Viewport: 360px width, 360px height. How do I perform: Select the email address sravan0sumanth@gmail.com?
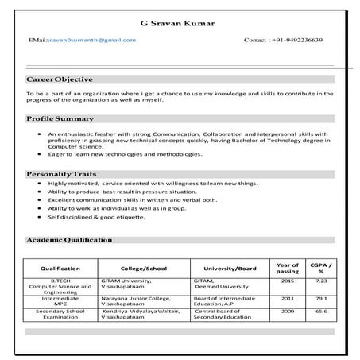pyautogui.click(x=83, y=39)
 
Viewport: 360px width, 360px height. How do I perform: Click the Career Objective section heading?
pyautogui.click(x=60, y=79)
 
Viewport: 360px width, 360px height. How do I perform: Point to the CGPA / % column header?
pyautogui.click(x=321, y=268)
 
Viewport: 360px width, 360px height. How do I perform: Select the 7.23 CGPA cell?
pyautogui.click(x=321, y=281)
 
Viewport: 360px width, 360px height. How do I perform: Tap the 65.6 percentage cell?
pyautogui.click(x=321, y=312)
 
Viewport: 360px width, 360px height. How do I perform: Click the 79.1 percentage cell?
pyautogui.click(x=321, y=298)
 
